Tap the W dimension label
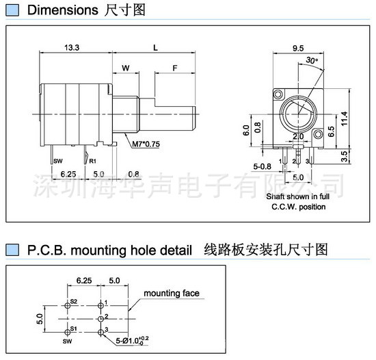point(126,68)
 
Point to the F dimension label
point(175,68)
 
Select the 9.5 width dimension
point(298,48)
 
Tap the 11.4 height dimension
point(344,118)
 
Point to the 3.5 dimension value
point(344,157)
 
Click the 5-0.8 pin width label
point(263,165)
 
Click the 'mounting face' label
point(172,293)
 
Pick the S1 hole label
point(74,330)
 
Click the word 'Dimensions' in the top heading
point(59,10)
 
